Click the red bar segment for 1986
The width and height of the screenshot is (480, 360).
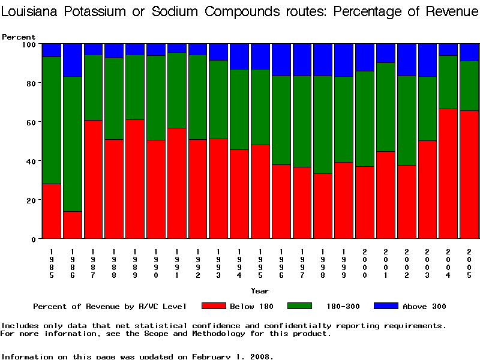(x=73, y=225)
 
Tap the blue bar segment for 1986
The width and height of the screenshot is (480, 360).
(x=73, y=60)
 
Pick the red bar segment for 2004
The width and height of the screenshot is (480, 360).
(x=448, y=173)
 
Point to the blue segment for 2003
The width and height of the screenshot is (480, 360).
(x=428, y=60)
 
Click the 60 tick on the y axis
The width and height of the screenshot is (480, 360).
(x=31, y=122)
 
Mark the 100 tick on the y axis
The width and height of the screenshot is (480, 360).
(x=29, y=44)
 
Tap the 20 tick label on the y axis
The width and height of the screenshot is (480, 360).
(x=31, y=200)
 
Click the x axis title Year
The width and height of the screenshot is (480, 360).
(x=260, y=291)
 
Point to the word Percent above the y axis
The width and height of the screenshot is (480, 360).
(x=19, y=37)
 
